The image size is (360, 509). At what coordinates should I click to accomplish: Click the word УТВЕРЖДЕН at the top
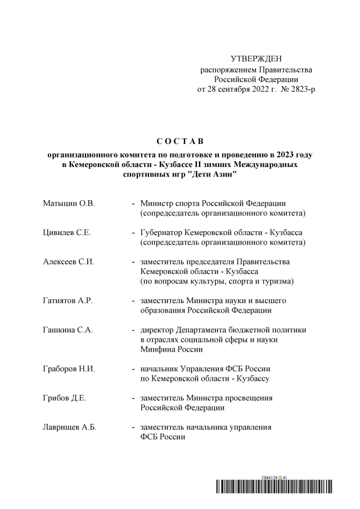256,59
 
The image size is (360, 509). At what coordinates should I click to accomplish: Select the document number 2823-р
301,89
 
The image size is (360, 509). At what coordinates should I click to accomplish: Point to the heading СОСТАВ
180,139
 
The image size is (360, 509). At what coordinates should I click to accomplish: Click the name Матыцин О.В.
69,203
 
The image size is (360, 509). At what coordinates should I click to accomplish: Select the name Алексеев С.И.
69,262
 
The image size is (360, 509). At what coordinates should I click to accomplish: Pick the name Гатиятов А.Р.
68,300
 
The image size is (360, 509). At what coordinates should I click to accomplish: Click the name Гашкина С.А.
68,330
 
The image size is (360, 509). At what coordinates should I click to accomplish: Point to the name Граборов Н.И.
69,369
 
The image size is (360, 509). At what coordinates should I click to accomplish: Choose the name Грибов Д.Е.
65,398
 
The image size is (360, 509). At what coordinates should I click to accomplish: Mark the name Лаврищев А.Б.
70,427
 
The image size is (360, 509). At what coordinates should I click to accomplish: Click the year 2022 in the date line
256,89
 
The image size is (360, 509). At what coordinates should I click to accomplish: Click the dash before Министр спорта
133,203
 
